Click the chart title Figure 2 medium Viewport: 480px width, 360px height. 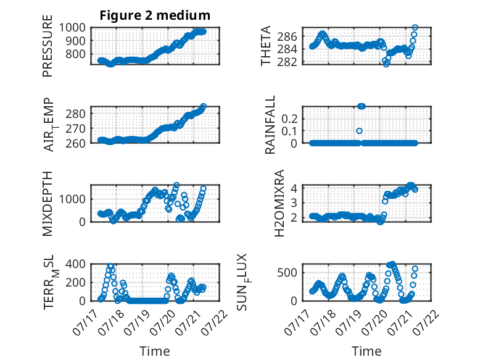point(155,15)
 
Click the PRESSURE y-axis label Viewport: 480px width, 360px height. point(48,46)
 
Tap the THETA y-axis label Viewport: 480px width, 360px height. point(266,46)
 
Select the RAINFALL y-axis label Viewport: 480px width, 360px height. point(270,125)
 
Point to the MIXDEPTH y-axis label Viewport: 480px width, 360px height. point(48,203)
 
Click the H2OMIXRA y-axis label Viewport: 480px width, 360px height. point(279,203)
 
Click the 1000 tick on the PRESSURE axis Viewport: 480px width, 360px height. point(72,28)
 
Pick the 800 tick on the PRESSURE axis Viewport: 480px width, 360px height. point(76,54)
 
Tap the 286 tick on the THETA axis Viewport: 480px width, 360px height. point(287,36)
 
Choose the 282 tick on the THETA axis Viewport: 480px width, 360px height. point(287,62)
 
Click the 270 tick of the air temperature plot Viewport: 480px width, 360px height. point(76,128)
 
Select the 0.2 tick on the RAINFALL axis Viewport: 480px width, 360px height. point(289,119)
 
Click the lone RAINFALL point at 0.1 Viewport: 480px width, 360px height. point(360,131)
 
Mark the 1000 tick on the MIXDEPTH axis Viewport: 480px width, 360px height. point(72,199)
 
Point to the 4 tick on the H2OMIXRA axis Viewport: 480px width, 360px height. point(294,188)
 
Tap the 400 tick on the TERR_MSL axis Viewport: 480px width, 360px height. point(76,264)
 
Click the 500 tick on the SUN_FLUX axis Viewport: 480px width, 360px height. point(287,272)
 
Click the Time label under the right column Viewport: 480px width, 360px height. point(366,351)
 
